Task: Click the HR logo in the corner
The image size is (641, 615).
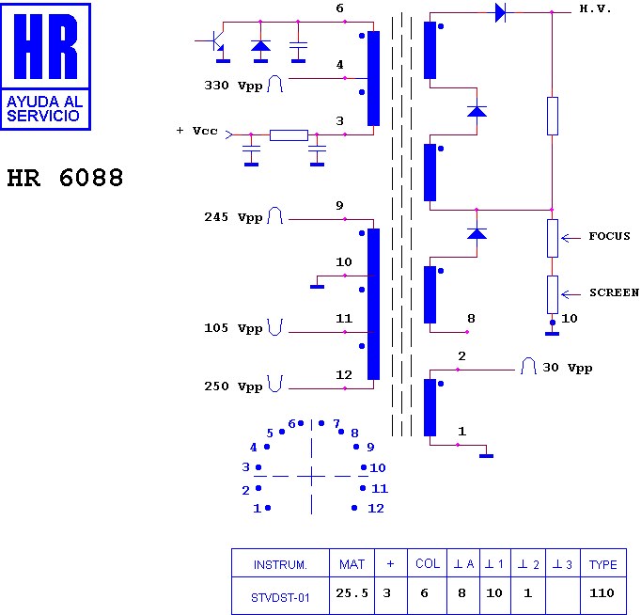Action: coord(46,66)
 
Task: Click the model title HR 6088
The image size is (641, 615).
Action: coord(65,178)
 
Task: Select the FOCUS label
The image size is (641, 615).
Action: coord(609,236)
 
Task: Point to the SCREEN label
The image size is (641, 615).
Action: coord(614,292)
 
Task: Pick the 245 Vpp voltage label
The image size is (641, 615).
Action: coord(233,217)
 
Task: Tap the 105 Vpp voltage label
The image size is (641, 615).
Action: coord(233,329)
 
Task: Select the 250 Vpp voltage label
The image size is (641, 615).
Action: coord(233,386)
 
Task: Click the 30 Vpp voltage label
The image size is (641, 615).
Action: coord(567,368)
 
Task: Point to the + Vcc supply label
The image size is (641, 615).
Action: coord(196,131)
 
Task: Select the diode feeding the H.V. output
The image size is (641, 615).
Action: coord(500,12)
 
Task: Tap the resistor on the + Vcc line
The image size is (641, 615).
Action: coord(289,134)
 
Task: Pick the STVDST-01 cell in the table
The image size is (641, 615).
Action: coord(280,594)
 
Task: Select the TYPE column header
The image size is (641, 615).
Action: coord(602,564)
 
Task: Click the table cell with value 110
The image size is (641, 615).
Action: coord(602,593)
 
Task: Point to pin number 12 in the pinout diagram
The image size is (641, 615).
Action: coord(376,508)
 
